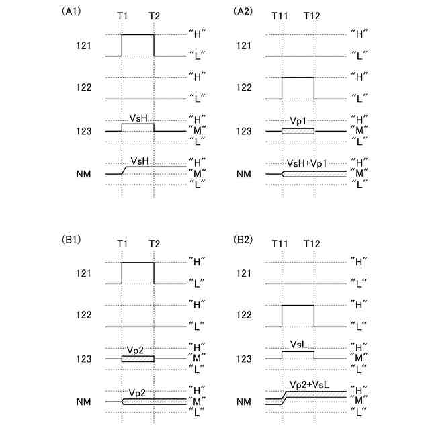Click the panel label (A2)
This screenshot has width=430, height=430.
click(x=243, y=11)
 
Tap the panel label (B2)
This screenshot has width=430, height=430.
click(x=243, y=239)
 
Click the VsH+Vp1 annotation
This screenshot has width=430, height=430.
click(x=306, y=163)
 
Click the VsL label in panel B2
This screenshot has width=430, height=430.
click(x=299, y=344)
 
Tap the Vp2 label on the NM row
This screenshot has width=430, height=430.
click(x=138, y=392)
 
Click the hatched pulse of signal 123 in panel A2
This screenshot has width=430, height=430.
click(x=298, y=130)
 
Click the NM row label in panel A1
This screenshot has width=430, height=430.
click(x=83, y=175)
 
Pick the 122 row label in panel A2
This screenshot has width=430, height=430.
click(x=244, y=87)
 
